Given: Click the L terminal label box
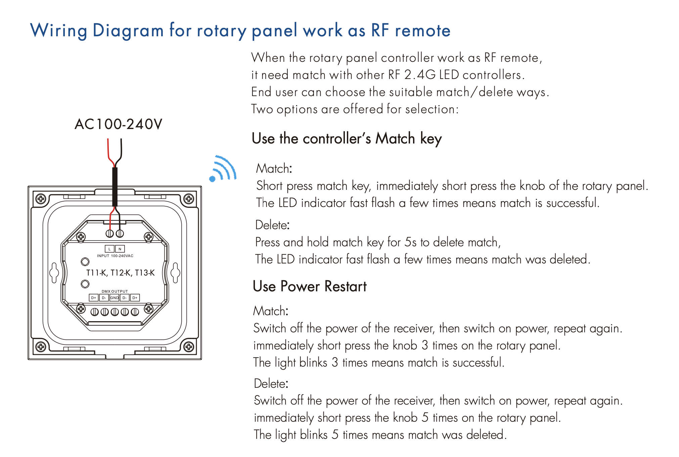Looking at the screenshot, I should [109, 249].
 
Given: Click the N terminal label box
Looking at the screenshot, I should [120, 249].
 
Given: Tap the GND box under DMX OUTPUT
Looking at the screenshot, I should [114, 298].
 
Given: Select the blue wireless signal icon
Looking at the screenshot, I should [223, 168].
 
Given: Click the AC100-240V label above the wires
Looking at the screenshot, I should [118, 124].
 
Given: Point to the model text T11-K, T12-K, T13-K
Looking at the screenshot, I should [120, 273].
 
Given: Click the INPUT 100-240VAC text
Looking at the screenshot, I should [115, 256].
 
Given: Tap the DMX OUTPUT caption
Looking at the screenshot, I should [115, 291].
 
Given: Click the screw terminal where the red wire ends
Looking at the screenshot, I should [109, 234].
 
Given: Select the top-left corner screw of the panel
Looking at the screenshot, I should [41, 199].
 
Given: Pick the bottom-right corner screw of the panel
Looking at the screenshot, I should [189, 346].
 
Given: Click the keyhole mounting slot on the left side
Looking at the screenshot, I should [54, 273].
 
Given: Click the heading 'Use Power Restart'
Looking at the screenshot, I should [310, 287].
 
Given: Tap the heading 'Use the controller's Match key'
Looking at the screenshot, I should [347, 139].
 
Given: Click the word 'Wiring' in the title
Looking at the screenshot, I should [59, 31].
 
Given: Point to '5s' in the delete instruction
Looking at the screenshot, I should [410, 242].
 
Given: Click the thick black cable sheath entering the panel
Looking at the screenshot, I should [115, 186].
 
